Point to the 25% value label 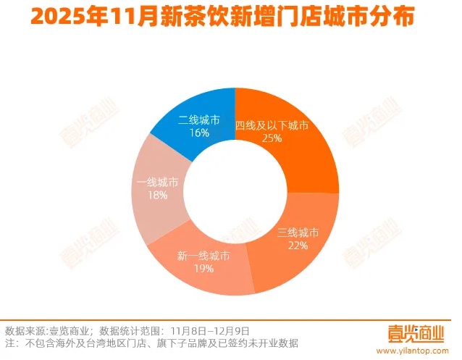pyautogui.click(x=272, y=138)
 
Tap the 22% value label pyautogui.click(x=298, y=245)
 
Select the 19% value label pyautogui.click(x=203, y=269)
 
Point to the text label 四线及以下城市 pyautogui.click(x=272, y=125)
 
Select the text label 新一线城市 pyautogui.click(x=203, y=256)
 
